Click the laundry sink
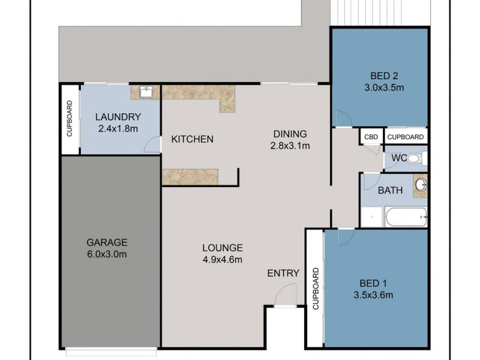(x=145, y=92)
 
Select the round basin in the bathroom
(x=420, y=184)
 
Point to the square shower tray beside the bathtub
(x=372, y=217)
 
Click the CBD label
(x=371, y=137)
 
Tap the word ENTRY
(x=283, y=274)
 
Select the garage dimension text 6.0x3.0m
(x=107, y=254)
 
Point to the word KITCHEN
(x=192, y=140)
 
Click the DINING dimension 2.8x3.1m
(x=290, y=145)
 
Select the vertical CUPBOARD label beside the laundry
(x=70, y=119)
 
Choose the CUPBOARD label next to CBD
(x=406, y=137)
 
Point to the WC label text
(x=398, y=158)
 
